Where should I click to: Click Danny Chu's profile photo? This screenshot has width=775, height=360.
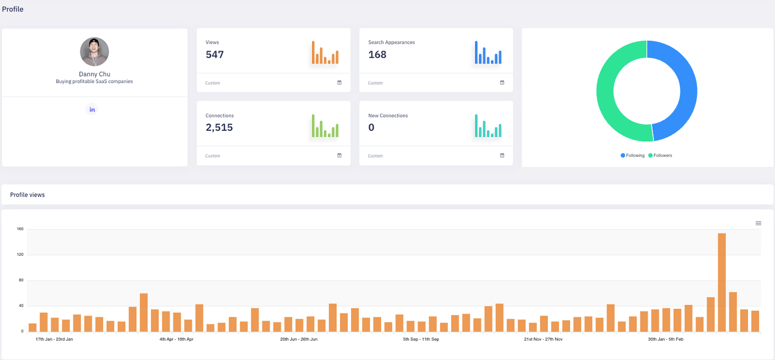point(94,52)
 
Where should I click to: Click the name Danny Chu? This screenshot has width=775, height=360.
point(94,74)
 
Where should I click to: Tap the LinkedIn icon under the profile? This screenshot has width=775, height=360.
point(92,110)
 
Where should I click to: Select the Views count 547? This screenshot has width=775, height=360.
point(215,55)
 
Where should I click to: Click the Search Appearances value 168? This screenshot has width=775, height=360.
point(377,55)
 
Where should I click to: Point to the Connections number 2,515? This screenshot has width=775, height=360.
point(219,127)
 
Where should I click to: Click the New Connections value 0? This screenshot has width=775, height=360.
point(372,127)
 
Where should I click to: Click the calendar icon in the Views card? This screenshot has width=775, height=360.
point(340,83)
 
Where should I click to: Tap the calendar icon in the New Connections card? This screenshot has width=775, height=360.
point(502,156)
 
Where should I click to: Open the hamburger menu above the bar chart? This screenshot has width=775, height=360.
point(759,223)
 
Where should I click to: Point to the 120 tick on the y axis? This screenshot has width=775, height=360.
point(20,254)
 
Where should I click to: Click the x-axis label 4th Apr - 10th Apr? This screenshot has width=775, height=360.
point(176,339)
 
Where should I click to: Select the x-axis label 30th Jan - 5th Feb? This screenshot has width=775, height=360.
point(666,339)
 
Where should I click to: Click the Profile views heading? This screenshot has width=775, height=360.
point(28,195)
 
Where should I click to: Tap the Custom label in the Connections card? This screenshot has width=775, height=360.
point(213,156)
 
